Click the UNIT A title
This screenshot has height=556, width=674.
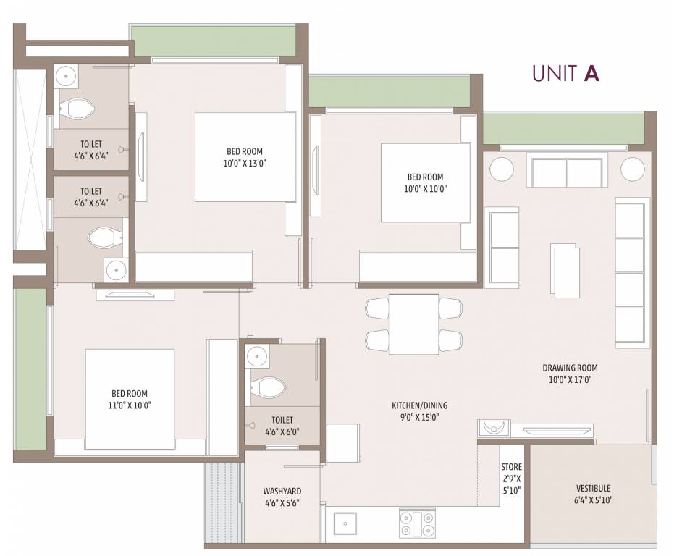[565, 73]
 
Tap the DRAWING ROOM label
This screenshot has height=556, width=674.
[570, 368]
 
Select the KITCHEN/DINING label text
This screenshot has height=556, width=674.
[420, 405]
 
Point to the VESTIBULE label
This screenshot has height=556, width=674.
[593, 489]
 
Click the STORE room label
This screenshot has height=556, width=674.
[512, 467]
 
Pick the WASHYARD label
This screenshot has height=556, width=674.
[282, 491]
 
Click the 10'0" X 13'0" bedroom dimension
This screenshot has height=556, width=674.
[245, 164]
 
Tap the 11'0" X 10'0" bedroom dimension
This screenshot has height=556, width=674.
[130, 405]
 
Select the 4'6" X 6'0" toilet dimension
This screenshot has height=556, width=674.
[282, 431]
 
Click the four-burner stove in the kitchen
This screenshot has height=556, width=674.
[417, 523]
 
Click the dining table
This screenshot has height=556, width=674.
[414, 324]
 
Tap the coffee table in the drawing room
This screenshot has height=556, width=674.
[565, 271]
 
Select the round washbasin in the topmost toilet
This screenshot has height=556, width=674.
[66, 76]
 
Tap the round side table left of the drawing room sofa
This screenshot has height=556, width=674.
[501, 169]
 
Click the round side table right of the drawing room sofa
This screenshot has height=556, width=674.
[632, 169]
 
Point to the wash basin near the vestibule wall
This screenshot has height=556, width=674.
[494, 428]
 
